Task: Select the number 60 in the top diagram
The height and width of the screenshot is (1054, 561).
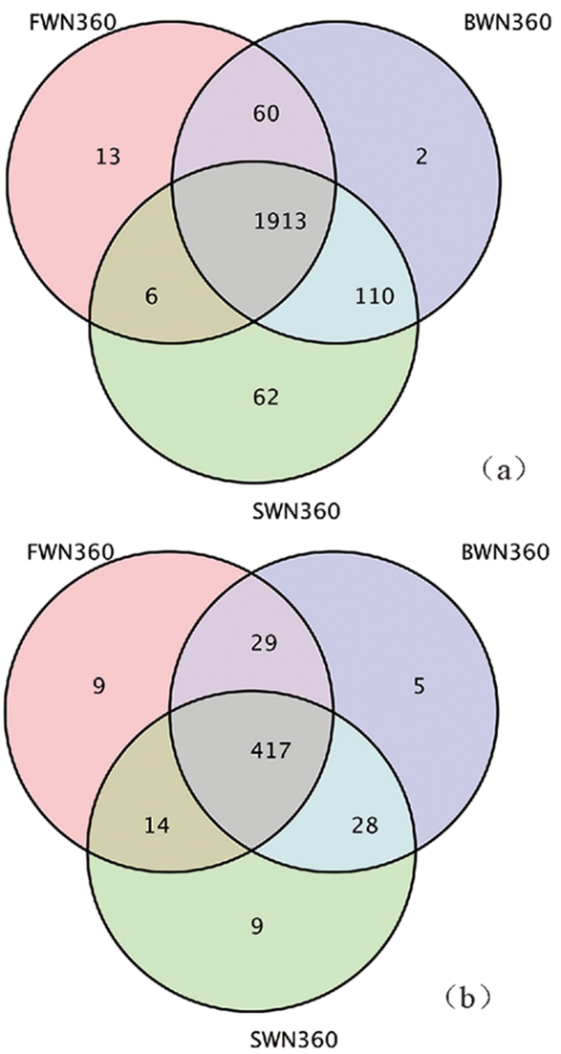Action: [263, 113]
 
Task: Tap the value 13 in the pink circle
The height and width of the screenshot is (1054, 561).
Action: [107, 158]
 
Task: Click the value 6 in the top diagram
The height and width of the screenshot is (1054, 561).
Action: [151, 296]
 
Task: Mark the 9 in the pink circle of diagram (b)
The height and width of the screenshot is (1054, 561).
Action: [98, 686]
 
